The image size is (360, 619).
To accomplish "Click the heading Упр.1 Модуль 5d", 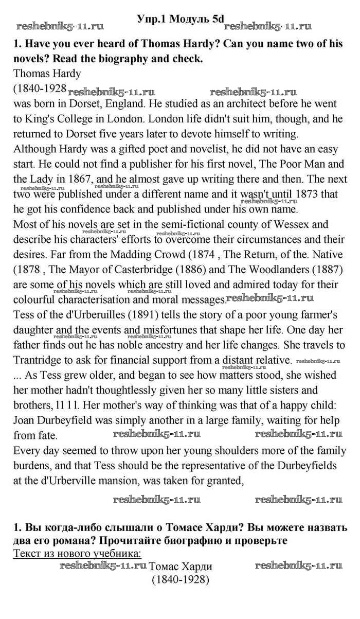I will [181, 19].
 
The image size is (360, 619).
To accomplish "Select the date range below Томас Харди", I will [180, 579].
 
